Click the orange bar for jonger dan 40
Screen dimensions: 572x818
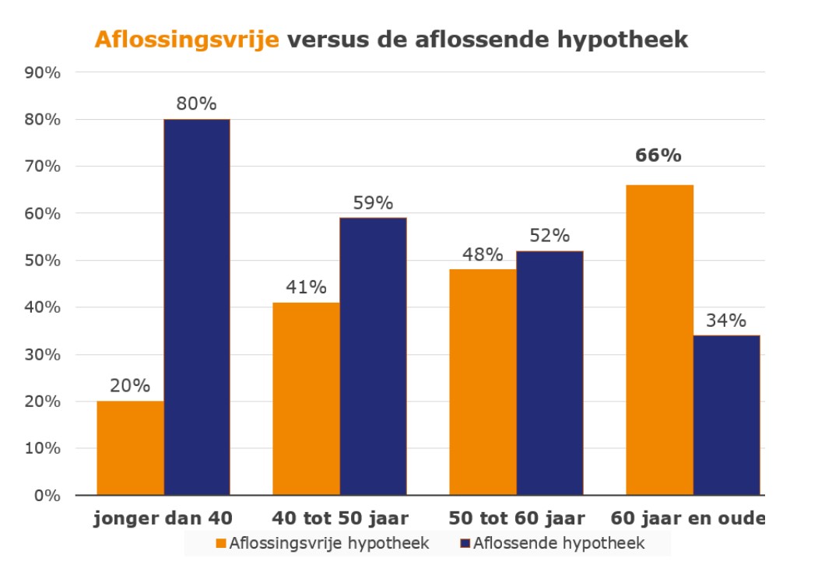click(130, 448)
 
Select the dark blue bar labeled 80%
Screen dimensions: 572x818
click(196, 307)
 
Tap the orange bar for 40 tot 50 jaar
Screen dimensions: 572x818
click(306, 398)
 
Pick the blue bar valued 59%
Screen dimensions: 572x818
click(373, 356)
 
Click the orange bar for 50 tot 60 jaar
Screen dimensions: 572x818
click(483, 382)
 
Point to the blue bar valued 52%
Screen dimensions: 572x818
click(549, 373)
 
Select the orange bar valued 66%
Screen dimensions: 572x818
click(659, 339)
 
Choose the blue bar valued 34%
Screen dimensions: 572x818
click(726, 415)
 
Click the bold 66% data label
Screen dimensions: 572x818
click(658, 155)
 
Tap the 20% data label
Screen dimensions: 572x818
click(130, 386)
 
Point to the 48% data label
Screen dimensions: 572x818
click(483, 254)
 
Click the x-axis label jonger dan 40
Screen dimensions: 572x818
click(163, 518)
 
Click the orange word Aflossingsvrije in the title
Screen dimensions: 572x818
click(187, 40)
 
